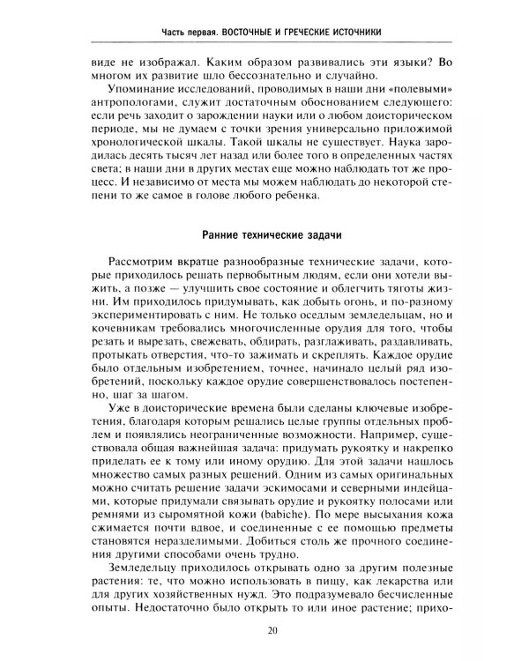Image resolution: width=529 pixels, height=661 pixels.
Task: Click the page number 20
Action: click(271, 629)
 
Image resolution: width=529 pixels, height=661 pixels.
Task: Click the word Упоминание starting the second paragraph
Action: click(144, 91)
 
